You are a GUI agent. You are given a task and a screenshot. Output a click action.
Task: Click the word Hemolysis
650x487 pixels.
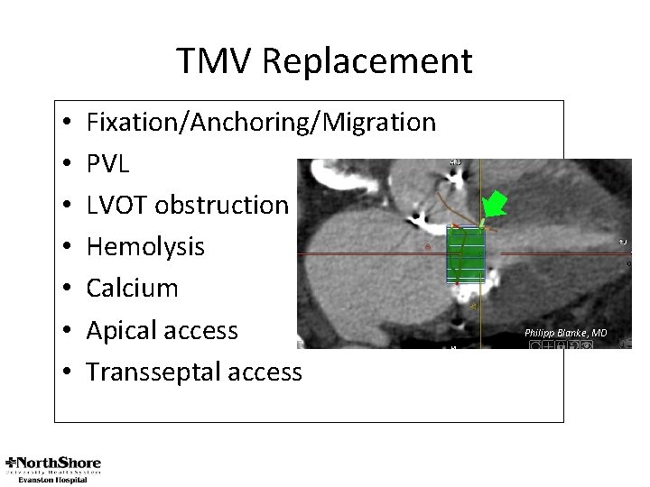point(145,246)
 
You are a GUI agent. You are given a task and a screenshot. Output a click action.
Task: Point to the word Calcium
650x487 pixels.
point(132,288)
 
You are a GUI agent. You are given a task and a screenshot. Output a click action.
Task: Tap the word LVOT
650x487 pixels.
point(117,205)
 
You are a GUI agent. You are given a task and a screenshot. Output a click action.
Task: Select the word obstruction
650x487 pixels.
point(221,205)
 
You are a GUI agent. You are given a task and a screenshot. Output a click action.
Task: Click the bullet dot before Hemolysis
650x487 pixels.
point(69,247)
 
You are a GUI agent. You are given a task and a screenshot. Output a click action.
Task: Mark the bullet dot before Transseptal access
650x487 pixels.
point(69,372)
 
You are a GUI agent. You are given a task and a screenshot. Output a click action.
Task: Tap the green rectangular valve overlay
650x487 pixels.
point(466,254)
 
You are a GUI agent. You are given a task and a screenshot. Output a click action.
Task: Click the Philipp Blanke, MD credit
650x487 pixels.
point(565,333)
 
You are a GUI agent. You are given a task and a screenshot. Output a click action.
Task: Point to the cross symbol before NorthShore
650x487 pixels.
point(12,462)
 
